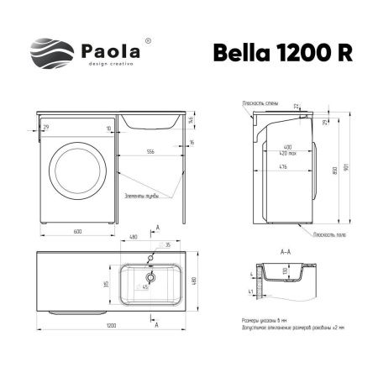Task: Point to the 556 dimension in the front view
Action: coord(150,152)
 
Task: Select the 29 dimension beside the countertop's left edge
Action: coord(45,127)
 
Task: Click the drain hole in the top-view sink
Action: coord(151,276)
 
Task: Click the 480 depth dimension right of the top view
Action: coord(196,281)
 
